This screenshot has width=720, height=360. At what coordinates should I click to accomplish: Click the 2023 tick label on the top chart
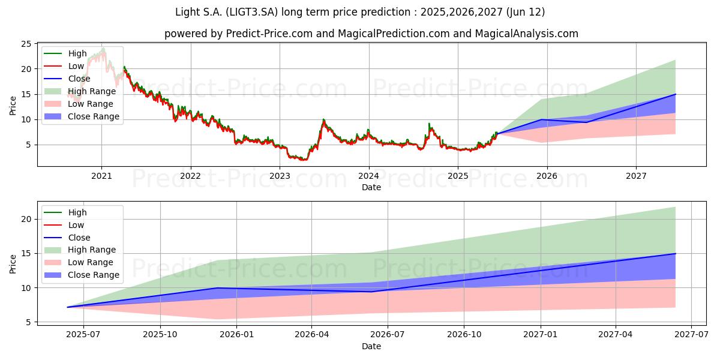click(280, 176)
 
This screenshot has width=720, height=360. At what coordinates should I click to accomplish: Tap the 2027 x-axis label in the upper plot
click(636, 176)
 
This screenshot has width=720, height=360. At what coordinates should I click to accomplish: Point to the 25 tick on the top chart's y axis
click(26, 44)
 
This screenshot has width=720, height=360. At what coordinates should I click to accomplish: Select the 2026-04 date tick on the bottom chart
click(312, 335)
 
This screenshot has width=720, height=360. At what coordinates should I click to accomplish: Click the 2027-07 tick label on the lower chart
click(691, 335)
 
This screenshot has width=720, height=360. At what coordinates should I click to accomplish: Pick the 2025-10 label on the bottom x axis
click(160, 335)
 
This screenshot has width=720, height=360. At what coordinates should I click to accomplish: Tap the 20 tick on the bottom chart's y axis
click(26, 219)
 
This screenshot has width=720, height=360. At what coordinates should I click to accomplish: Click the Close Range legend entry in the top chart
click(82, 116)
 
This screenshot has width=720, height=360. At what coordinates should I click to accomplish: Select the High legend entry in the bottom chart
click(65, 212)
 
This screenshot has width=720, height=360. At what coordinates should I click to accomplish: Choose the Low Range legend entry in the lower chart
click(79, 262)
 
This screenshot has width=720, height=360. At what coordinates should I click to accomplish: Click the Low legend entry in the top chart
click(64, 66)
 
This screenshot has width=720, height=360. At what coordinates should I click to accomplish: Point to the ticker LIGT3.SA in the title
click(251, 12)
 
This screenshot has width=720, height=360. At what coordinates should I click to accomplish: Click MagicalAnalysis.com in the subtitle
click(527, 34)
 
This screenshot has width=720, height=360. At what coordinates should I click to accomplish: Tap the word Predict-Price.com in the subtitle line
click(269, 34)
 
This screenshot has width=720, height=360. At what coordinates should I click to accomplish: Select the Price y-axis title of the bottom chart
click(13, 264)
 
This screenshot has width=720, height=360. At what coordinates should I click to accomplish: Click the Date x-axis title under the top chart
click(371, 187)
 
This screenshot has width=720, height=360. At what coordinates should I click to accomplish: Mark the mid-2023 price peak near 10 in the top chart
click(323, 119)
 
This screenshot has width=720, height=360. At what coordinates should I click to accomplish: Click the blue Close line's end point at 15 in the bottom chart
click(676, 254)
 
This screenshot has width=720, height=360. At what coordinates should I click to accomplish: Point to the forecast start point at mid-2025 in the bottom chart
click(67, 307)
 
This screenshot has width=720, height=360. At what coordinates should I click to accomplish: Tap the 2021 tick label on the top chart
click(101, 176)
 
